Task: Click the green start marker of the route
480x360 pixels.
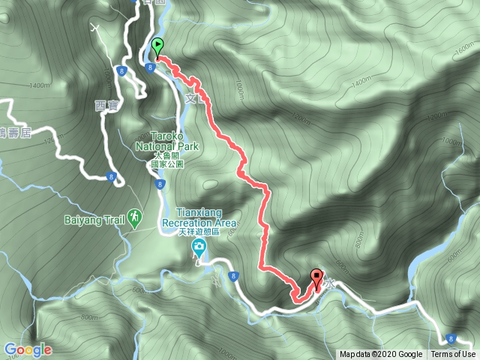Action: click(157, 46)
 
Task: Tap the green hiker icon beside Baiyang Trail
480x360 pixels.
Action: click(133, 217)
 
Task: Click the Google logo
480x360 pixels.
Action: click(27, 349)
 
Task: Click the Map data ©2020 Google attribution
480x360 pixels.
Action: click(380, 355)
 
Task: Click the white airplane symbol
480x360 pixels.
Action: click(95, 28)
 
